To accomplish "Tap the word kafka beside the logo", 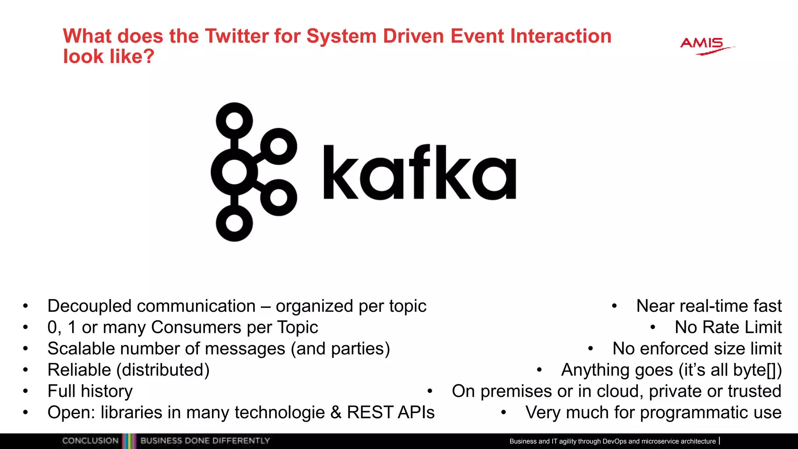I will point(419,172).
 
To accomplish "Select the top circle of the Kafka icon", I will point(234,120).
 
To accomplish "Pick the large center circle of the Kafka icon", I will point(234,172).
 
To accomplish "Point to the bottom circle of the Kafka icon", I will point(234,223).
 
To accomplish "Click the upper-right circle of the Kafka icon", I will point(279,147).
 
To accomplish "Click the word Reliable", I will point(79,370).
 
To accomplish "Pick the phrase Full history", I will point(90,391).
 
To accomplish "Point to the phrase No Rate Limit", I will point(728,327).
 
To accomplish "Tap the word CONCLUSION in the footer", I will point(90,441).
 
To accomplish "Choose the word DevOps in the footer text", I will point(614,441).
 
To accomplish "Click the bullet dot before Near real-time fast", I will point(614,306).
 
